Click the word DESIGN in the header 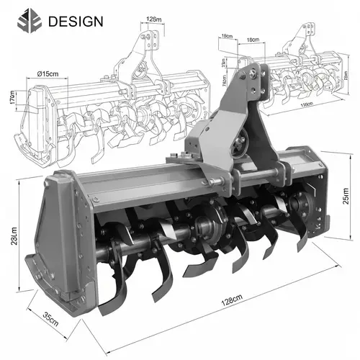coord(76,21)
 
